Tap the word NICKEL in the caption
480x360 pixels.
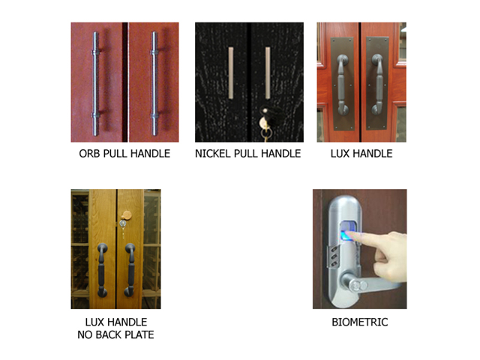coord(213,153)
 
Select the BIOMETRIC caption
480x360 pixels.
coord(360,322)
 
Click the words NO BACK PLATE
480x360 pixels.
coord(115,334)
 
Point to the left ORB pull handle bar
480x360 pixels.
coord(96,83)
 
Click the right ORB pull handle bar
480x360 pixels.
coord(154,83)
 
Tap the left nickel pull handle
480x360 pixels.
coord(231,73)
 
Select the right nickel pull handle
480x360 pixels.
coord(268,73)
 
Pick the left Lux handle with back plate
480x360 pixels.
coord(342,84)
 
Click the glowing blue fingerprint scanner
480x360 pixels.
coord(349,232)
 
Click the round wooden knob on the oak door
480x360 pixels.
coord(126,215)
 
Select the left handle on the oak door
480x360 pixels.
coord(102,270)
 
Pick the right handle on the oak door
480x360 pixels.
coord(130,270)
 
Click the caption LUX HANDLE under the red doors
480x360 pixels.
coord(361,153)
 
